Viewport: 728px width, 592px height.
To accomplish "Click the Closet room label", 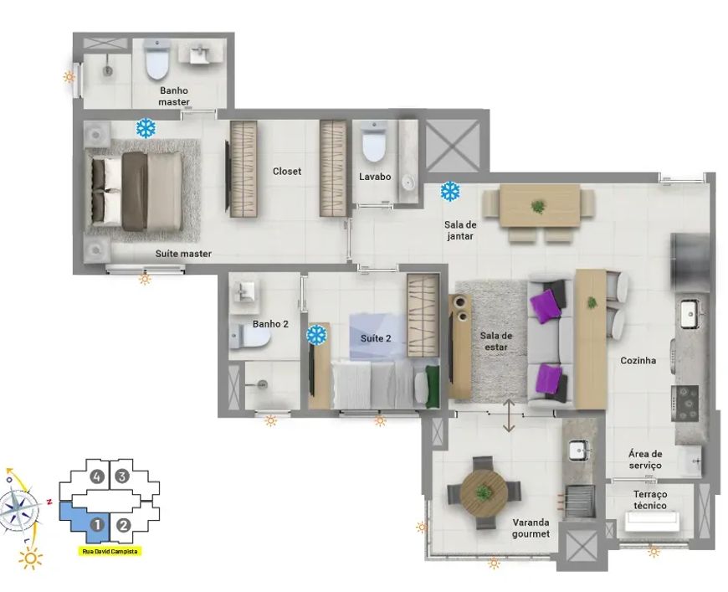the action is [x=287, y=172].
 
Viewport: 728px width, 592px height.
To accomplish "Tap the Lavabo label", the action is [x=375, y=177].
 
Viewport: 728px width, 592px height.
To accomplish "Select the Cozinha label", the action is [x=638, y=360].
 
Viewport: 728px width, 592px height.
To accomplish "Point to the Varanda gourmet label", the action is [x=531, y=528].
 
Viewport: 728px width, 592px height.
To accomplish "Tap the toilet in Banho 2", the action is [x=250, y=337].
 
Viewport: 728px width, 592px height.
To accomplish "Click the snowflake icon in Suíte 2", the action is [x=317, y=335].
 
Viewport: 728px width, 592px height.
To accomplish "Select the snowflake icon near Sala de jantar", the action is [x=450, y=191].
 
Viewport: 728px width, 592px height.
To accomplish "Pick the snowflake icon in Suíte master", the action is [x=146, y=128].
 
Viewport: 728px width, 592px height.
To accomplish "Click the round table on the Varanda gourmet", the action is [x=484, y=492].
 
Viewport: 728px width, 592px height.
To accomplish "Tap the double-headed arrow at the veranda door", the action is [x=509, y=415].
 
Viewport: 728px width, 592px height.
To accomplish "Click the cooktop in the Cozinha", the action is [x=684, y=404].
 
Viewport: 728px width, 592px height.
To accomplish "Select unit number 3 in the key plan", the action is [x=122, y=476].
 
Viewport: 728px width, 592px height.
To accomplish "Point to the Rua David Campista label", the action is [x=109, y=552].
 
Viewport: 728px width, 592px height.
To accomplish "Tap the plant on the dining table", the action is [x=538, y=206].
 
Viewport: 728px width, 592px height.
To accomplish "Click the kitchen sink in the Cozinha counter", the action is [x=691, y=315].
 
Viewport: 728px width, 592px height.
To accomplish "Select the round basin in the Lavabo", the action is [x=408, y=182].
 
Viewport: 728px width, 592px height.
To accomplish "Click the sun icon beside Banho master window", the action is [x=69, y=77].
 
